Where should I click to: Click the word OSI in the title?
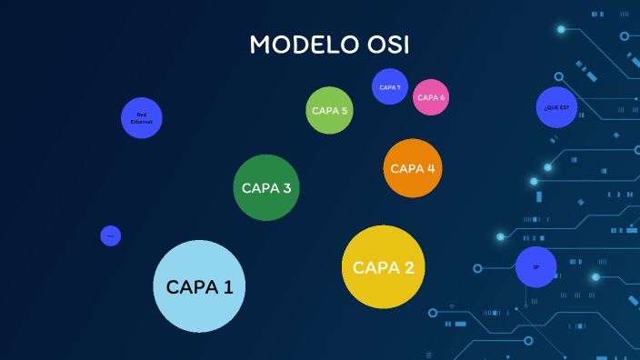(x=385, y=45)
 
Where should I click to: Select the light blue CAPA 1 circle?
(x=200, y=286)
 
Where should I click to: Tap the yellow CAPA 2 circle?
(x=383, y=266)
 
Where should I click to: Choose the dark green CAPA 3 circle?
(x=265, y=188)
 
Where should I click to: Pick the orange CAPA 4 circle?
(x=413, y=168)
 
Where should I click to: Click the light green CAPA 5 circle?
(x=329, y=111)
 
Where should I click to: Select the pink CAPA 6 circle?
(x=431, y=97)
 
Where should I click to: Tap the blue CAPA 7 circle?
(x=390, y=86)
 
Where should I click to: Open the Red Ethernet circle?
(x=142, y=118)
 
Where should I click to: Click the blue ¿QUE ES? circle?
(x=556, y=107)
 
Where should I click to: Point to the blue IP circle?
(x=535, y=267)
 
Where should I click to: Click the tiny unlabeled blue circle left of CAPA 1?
(x=111, y=236)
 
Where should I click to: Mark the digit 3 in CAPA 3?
(x=286, y=188)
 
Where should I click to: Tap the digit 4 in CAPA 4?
(x=430, y=168)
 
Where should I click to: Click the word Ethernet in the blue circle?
(x=142, y=122)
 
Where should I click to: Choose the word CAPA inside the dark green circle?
(x=259, y=188)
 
